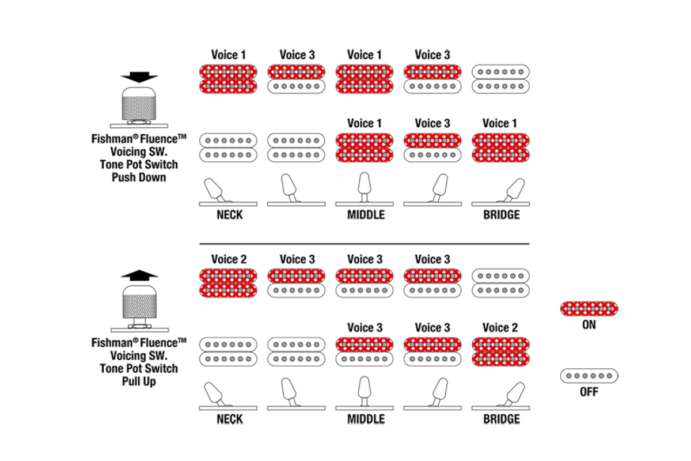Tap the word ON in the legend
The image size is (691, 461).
[589, 325]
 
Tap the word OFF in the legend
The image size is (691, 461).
[589, 392]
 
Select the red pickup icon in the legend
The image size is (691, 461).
[589, 309]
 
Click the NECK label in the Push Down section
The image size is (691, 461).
[229, 215]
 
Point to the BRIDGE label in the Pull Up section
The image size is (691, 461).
[501, 419]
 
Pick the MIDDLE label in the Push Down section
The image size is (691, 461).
[365, 215]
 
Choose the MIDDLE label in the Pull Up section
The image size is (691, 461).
[365, 419]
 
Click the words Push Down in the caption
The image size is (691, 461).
[139, 177]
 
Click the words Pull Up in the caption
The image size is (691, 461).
[139, 381]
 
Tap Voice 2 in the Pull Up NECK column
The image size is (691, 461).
[229, 259]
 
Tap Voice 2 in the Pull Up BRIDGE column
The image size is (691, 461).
[500, 328]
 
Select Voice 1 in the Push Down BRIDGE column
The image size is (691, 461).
[500, 123]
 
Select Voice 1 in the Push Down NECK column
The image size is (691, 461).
[229, 55]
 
